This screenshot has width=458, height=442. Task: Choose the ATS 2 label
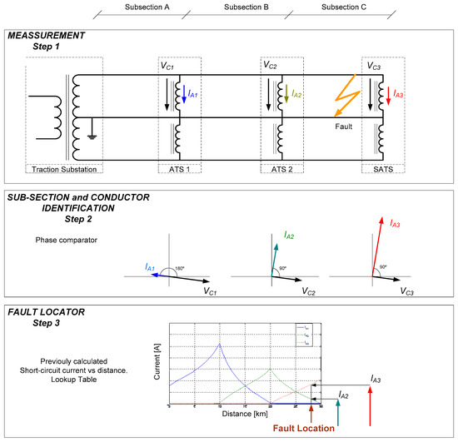click(280, 170)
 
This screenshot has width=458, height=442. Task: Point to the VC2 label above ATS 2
click(270, 65)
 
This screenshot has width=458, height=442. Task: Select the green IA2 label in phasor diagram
click(290, 236)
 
